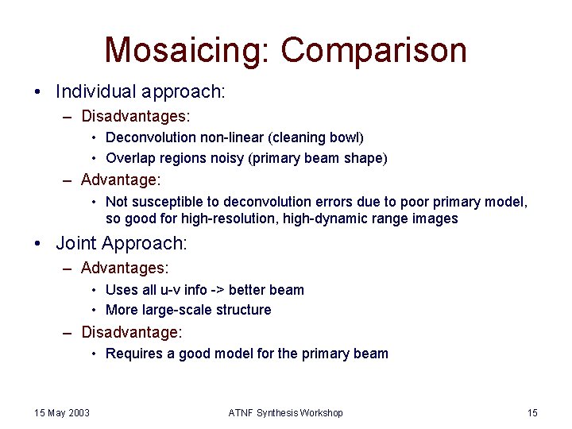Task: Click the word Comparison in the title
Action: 373,50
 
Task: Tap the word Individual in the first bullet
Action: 97,92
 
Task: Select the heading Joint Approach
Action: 122,243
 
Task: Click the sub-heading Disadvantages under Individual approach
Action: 135,117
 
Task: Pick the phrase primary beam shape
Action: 320,158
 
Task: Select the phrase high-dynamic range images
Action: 385,218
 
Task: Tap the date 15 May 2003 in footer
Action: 62,412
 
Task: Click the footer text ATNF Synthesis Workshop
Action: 286,412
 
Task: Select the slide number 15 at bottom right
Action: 532,412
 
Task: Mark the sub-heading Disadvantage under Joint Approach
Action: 132,331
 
